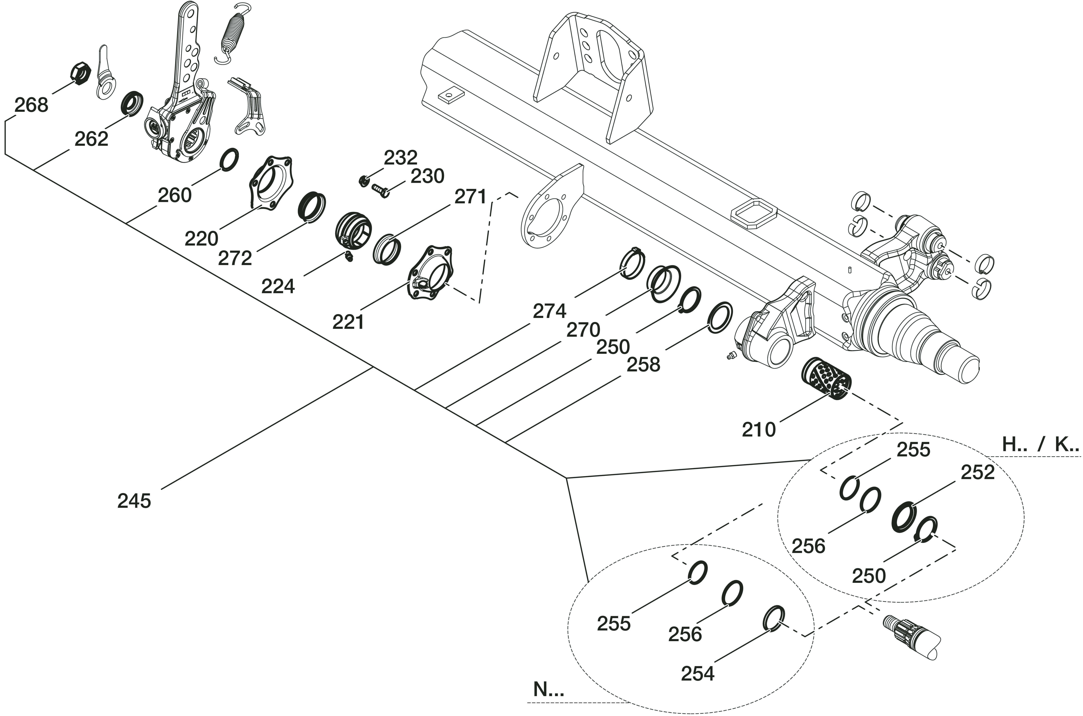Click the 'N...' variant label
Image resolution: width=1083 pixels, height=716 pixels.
549,690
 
